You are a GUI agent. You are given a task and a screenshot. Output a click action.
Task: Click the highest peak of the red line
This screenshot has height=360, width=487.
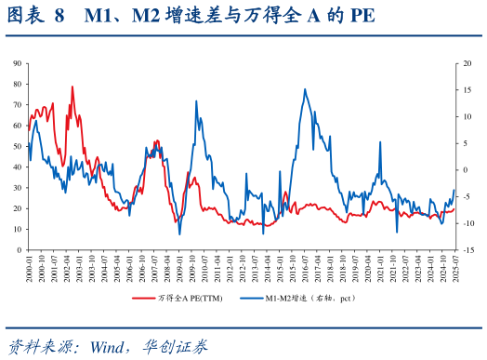coord(72,87)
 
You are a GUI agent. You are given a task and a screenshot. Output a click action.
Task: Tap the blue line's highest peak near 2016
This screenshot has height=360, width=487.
coord(305,89)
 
